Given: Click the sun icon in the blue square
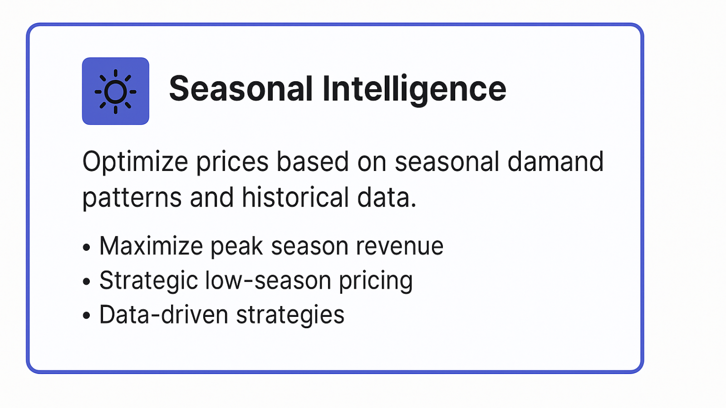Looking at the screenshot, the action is [115, 92].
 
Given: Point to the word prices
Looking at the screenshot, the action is [232, 162].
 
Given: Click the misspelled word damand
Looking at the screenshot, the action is [555, 161].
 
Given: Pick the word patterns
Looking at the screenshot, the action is [132, 198].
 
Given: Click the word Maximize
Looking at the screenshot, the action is [151, 246].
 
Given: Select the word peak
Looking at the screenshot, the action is [237, 247].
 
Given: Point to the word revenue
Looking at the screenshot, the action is [399, 247].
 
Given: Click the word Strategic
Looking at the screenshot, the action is [148, 281].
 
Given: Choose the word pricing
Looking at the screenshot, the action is [376, 281].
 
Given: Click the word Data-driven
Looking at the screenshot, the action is [164, 315].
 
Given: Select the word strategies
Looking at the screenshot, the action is [290, 316].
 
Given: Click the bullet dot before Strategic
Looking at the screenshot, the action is [86, 281].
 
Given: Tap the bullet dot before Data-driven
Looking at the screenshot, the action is [86, 315].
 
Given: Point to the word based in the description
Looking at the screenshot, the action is [313, 161].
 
